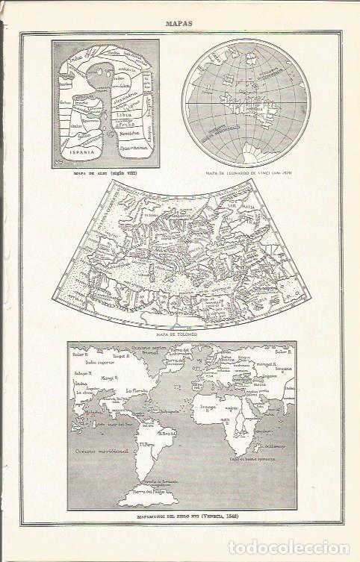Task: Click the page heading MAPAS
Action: pos(180,23)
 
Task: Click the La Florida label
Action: pos(135,390)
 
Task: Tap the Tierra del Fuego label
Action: pos(153,490)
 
